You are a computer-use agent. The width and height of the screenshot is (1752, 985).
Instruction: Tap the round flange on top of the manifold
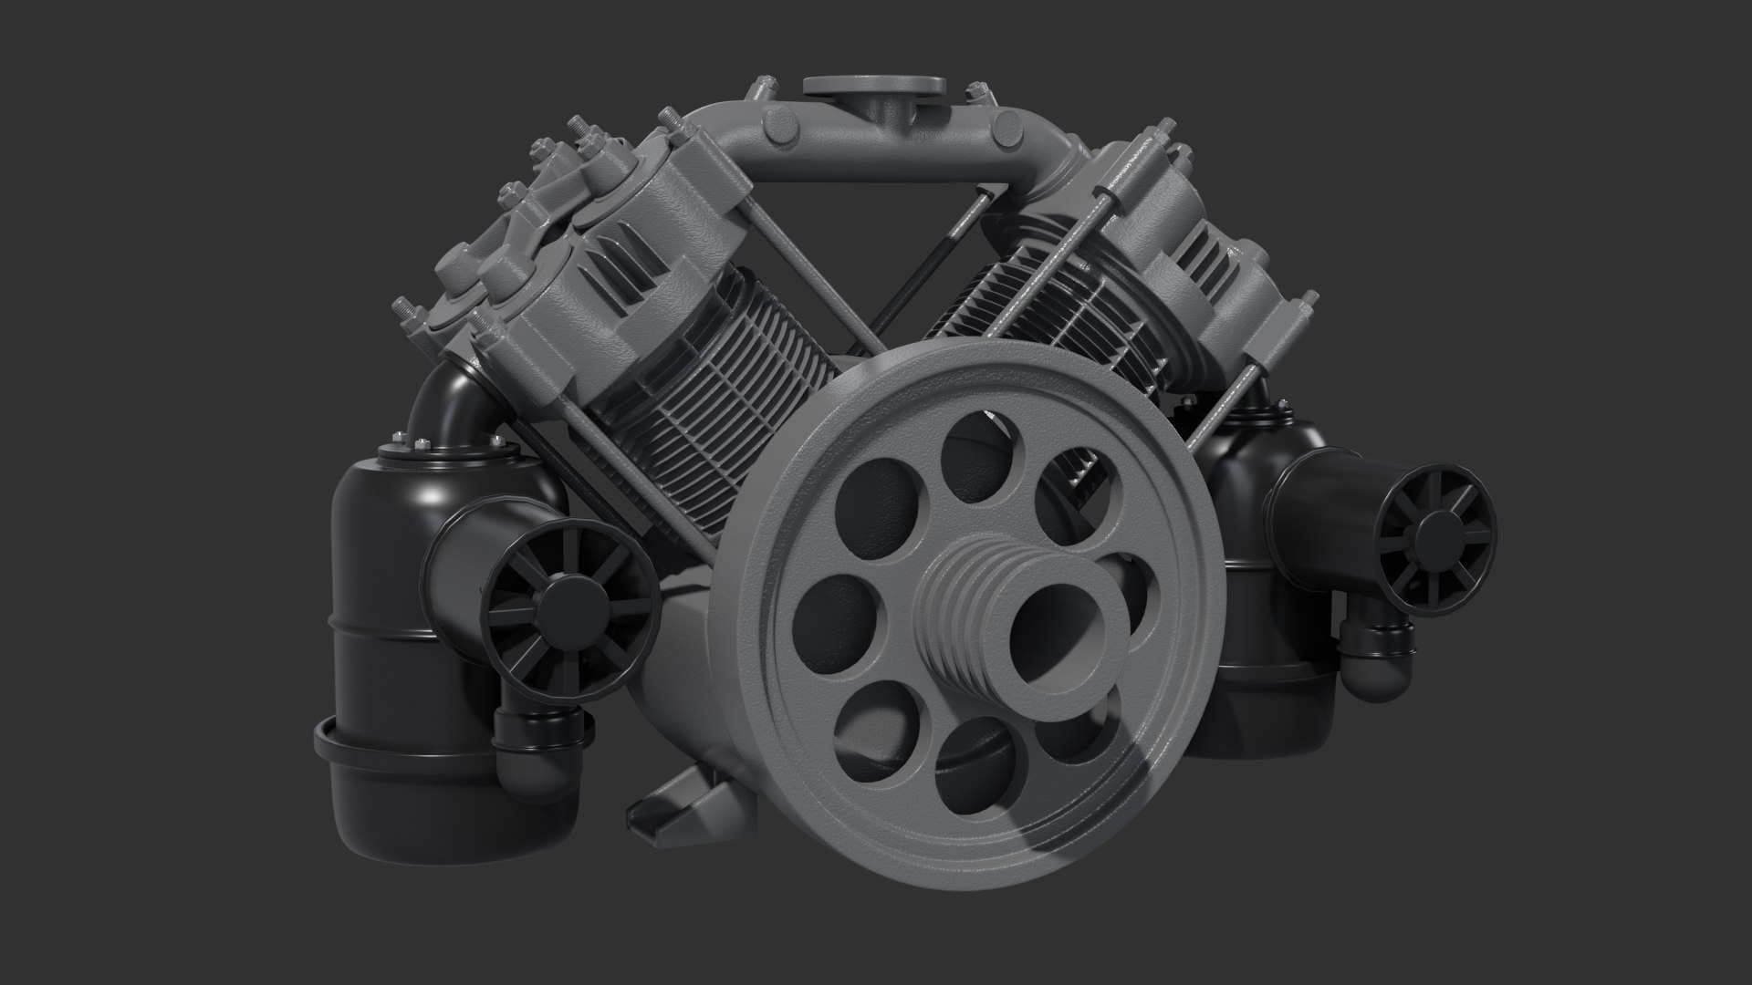point(874,86)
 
